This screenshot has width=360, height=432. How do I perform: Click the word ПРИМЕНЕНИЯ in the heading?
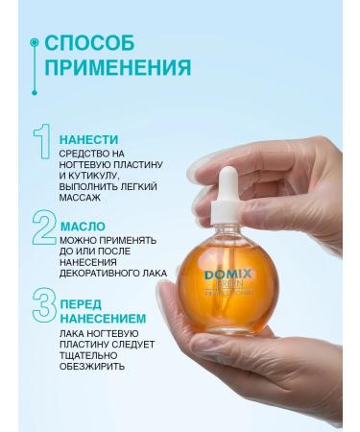(117, 68)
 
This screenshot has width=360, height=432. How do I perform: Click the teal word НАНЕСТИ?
(91, 136)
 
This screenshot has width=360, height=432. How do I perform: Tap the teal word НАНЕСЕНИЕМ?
(103, 318)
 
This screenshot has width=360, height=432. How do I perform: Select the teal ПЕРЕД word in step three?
(81, 303)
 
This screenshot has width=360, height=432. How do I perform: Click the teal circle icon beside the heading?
(35, 43)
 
